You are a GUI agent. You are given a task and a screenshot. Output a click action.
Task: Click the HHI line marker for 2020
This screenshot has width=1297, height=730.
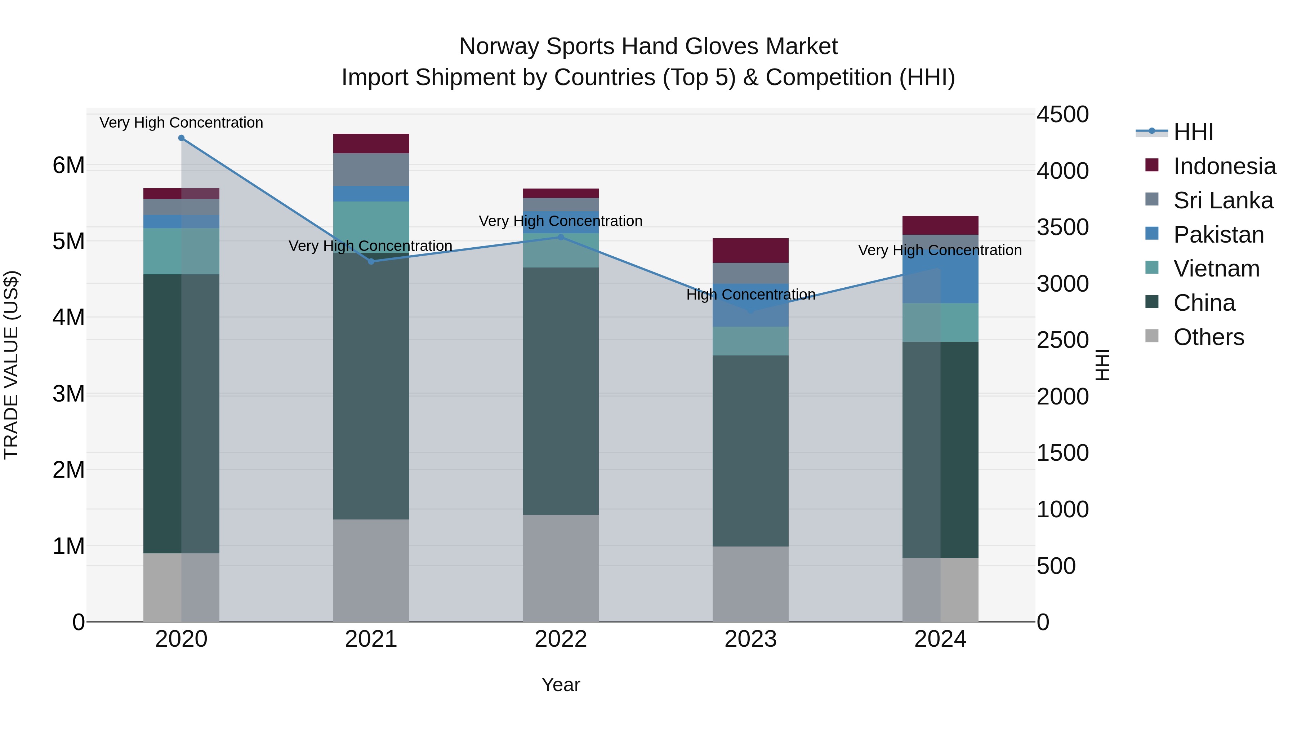181,138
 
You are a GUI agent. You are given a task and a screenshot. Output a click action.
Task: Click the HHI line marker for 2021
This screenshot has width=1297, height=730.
371,261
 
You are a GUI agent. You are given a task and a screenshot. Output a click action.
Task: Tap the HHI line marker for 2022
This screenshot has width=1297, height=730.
561,237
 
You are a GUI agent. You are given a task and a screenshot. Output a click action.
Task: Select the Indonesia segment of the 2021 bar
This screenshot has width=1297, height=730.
371,143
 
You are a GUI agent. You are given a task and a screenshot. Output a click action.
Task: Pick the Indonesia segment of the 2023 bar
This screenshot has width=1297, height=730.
750,251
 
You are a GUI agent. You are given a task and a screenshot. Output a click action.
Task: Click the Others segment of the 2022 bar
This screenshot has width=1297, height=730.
561,568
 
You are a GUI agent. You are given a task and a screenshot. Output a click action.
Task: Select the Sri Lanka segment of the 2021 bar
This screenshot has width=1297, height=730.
371,170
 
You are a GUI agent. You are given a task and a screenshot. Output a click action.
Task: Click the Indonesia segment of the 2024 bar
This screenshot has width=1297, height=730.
940,225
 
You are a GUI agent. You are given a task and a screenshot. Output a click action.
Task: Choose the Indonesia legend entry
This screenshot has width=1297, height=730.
1224,166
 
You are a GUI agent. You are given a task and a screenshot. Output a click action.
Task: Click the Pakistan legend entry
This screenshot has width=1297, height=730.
1218,235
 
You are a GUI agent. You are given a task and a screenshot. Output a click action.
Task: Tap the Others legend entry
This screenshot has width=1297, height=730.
1208,337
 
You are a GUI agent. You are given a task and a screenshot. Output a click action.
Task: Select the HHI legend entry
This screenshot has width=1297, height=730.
1193,132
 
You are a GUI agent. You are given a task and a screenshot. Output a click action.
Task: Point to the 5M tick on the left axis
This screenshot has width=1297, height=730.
68,241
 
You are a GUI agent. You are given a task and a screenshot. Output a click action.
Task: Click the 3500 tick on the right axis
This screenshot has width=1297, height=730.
1062,227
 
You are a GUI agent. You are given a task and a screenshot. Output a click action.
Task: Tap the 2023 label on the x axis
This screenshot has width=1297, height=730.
750,639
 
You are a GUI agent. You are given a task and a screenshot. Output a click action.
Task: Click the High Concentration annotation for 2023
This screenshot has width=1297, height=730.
750,295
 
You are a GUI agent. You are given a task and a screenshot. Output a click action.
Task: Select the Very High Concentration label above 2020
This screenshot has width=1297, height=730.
181,123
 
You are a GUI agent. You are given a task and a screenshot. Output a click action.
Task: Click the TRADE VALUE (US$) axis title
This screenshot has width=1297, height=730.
12,365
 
